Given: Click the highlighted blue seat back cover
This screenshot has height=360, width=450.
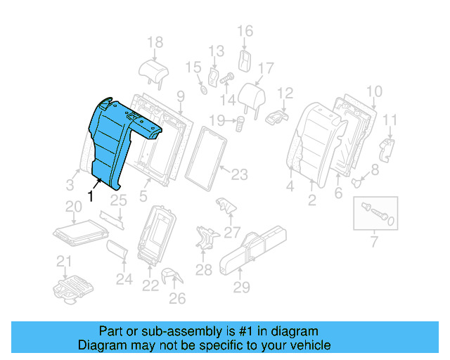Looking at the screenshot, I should coord(112,137).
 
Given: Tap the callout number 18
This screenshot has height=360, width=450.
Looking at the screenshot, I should coord(155,42).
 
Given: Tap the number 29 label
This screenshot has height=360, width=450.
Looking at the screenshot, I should coord(242,286).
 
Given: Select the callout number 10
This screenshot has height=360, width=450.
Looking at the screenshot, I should coord(374,91).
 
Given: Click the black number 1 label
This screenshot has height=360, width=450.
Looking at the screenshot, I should coord(90,196).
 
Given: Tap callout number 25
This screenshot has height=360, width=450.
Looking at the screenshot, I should coord(118,200).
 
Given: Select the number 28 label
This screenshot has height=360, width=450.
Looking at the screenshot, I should coord(203,269).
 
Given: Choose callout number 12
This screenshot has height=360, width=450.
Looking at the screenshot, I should coord(285,93).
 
